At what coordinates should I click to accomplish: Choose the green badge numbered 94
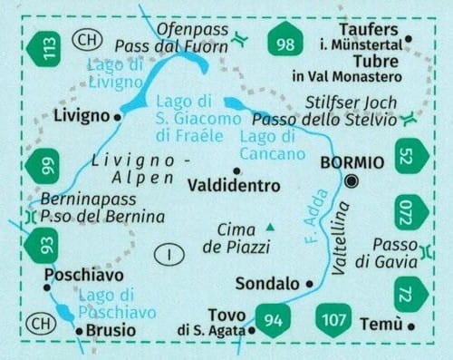(x=273, y=318)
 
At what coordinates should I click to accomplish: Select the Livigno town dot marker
(x=119, y=117)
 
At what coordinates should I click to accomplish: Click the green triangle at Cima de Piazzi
(x=270, y=227)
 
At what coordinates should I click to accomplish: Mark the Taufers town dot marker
(x=409, y=38)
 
